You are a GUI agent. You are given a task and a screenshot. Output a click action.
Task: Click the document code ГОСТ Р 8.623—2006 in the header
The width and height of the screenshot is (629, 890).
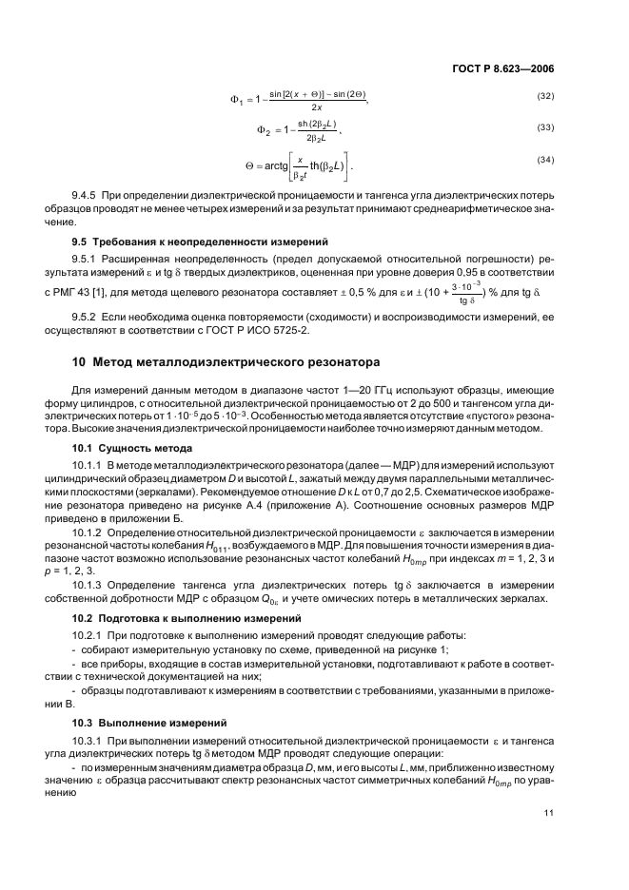coord(507,69)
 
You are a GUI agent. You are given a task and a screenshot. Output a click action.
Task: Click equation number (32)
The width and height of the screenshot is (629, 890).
coord(545,97)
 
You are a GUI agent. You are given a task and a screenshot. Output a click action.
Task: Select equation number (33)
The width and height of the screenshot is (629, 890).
coord(545,127)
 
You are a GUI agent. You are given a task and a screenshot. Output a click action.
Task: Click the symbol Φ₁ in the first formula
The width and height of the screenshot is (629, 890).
coord(238,100)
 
